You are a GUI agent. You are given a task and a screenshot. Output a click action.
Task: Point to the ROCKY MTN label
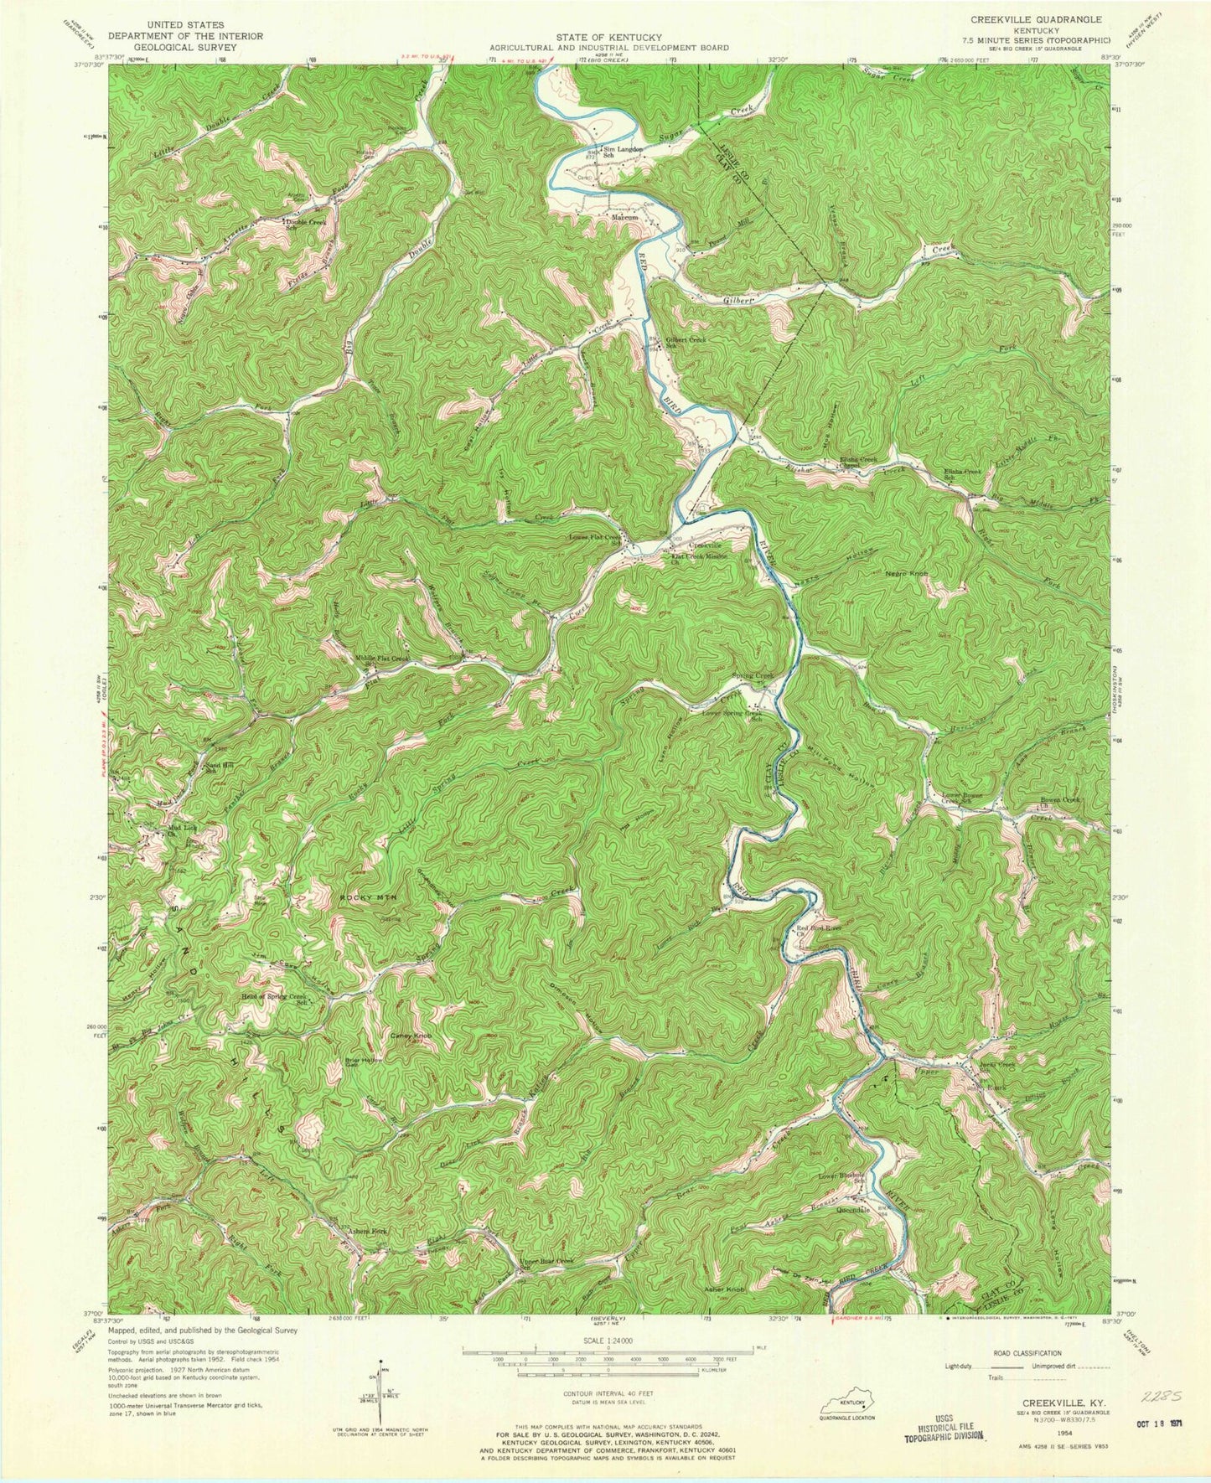tap(366, 897)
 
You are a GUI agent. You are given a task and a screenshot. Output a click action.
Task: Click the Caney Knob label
tap(411, 1036)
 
